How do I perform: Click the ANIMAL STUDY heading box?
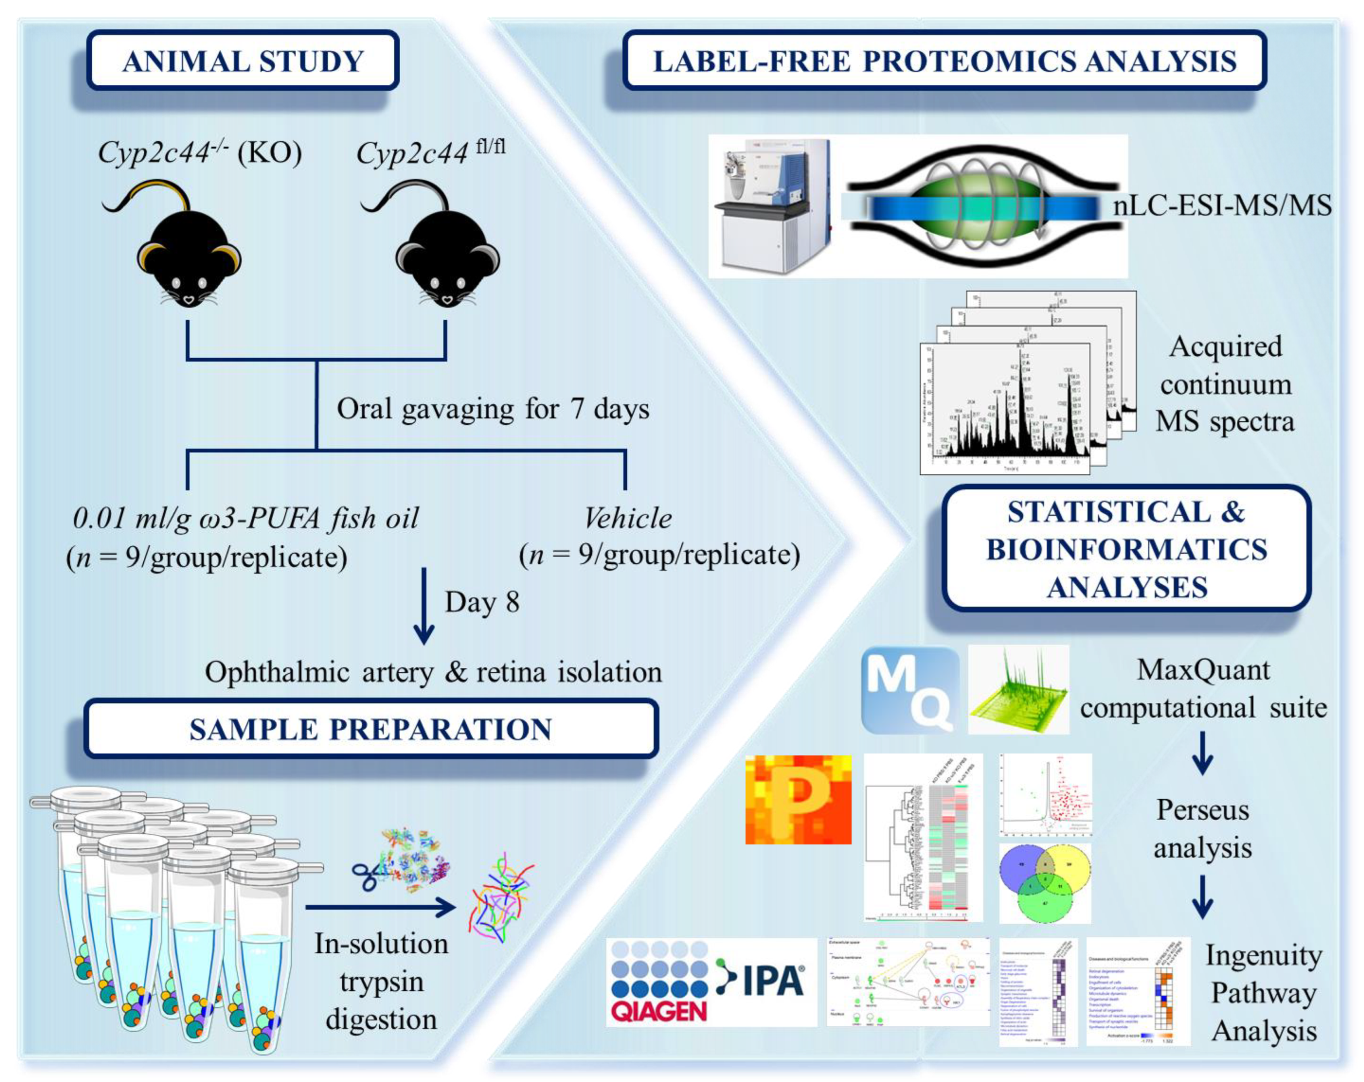point(242,61)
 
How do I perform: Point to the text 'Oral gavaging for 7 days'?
point(492,409)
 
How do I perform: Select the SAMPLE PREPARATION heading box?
point(371,728)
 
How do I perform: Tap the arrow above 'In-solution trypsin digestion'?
point(380,907)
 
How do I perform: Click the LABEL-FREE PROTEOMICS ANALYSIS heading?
point(944,61)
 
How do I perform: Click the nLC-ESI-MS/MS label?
point(1222,206)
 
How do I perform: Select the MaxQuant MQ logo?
point(910,690)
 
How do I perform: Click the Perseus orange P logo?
point(798,799)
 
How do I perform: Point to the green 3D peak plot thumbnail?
point(1019,690)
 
